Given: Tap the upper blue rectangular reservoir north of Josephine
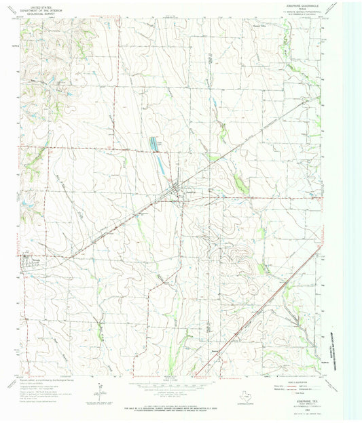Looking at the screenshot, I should coord(156,144).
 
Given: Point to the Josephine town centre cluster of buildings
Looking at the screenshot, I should coord(180,194).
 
